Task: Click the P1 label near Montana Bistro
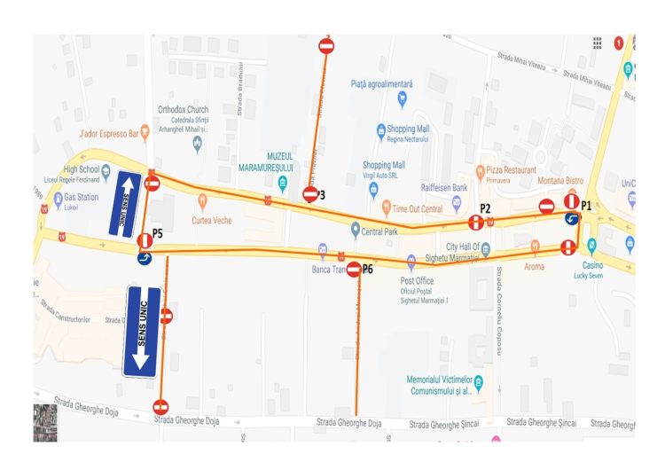pyautogui.click(x=587, y=205)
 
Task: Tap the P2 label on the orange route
pyautogui.click(x=485, y=208)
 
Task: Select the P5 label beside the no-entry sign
pyautogui.click(x=158, y=233)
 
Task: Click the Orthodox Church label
pyautogui.click(x=184, y=110)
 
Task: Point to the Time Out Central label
pyautogui.click(x=418, y=209)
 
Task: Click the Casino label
pyautogui.click(x=592, y=265)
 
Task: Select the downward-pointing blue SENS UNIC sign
pyautogui.click(x=142, y=330)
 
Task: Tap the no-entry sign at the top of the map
pyautogui.click(x=326, y=45)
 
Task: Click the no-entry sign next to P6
pyautogui.click(x=354, y=269)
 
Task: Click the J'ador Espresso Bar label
pyautogui.click(x=110, y=134)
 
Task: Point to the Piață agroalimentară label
pyautogui.click(x=382, y=83)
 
